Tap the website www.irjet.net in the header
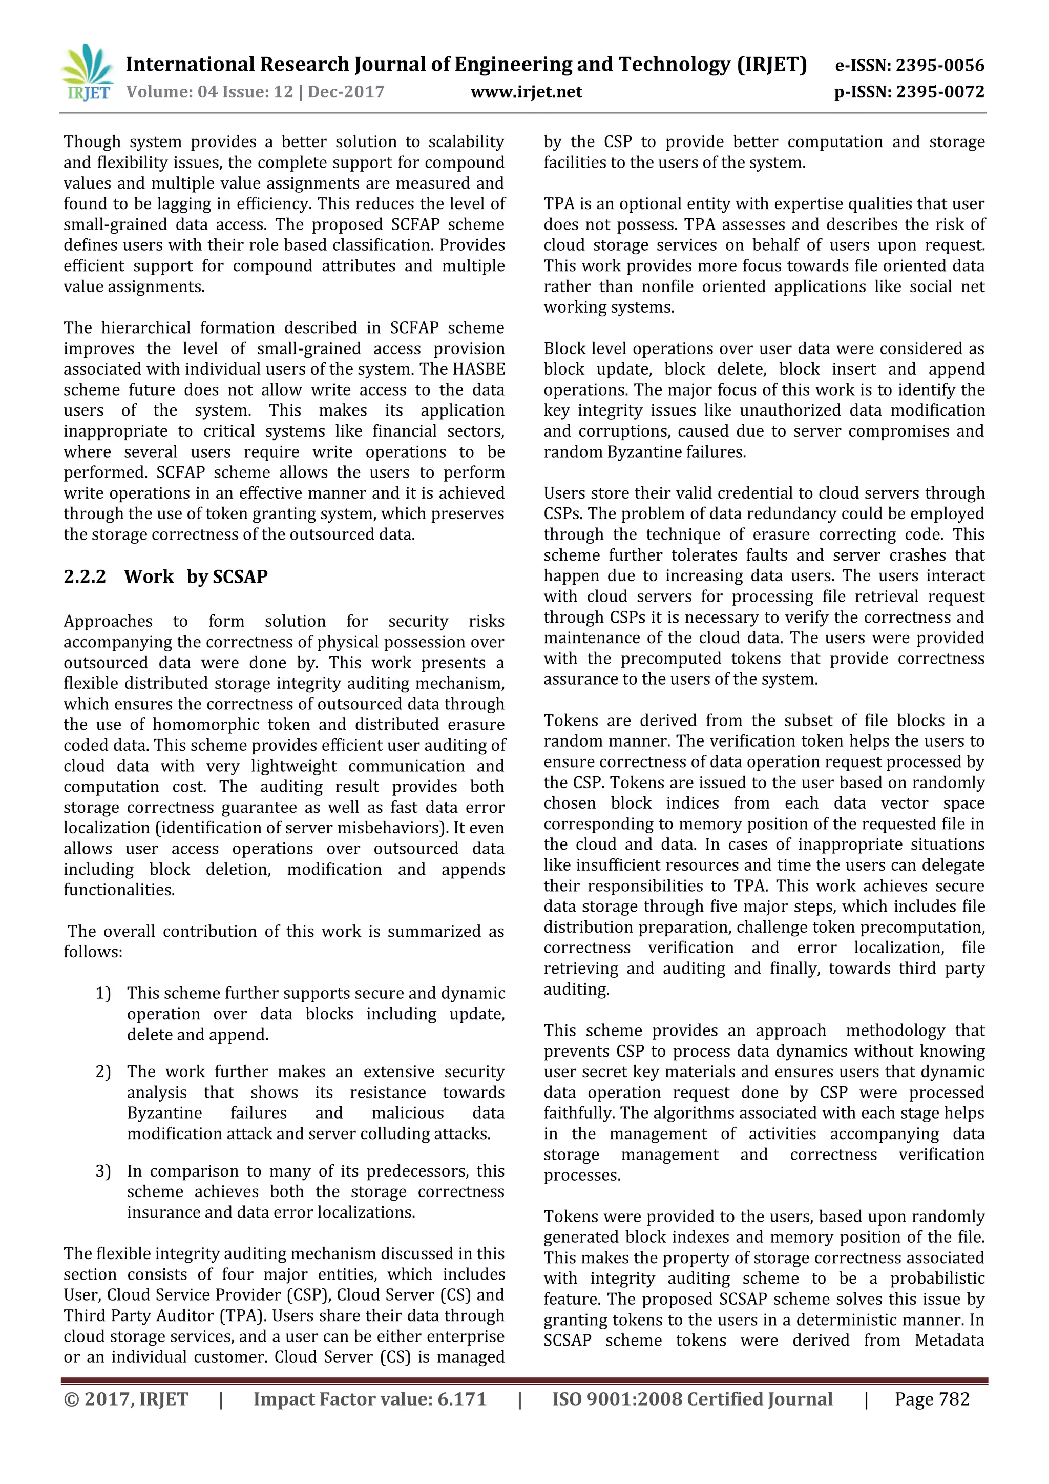tap(526, 92)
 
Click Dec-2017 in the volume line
tap(346, 92)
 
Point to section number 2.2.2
tap(85, 576)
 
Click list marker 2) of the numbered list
tap(103, 1071)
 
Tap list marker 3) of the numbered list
tap(103, 1171)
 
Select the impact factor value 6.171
tap(461, 1399)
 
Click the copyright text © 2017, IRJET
tap(126, 1399)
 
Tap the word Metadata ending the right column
tap(949, 1341)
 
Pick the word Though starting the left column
tap(92, 141)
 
